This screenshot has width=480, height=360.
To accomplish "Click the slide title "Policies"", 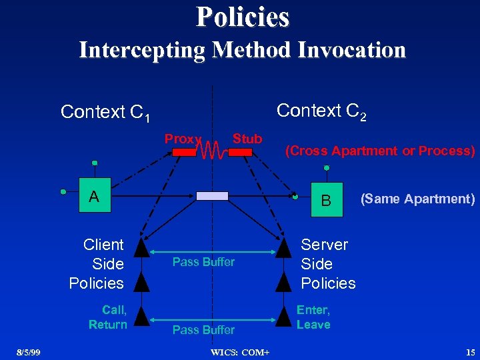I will pos(243,17).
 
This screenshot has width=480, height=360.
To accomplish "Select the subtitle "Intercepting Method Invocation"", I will pos(242,50).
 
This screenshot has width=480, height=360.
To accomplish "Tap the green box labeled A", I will pos(95,196).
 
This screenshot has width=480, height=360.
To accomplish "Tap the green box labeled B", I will pos(326,199).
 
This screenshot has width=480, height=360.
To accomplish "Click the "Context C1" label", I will pos(105,113).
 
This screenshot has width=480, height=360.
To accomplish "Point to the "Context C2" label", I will pos(321,111).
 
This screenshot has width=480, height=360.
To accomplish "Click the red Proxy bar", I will pos(185,152).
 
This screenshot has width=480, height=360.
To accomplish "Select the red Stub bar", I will pos(240,152).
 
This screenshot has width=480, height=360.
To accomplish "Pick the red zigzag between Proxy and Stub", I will pos(213,151).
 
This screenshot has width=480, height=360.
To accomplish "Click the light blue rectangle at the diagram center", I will pos(212,195).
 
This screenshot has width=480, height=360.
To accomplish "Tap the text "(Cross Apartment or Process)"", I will pos(380,151).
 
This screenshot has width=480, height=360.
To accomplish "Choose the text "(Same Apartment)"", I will pos(417,199).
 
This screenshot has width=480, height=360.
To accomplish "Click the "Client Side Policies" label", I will pos(97,264).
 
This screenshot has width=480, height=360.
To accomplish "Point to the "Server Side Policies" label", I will pos(328,264).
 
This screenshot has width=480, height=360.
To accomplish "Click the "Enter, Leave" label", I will pos(313,317).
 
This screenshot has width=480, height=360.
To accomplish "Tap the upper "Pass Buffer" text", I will pos(203,262).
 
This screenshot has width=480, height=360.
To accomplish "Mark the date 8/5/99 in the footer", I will pos(29,351).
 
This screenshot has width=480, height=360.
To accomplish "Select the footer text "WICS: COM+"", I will pos(239,351).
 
